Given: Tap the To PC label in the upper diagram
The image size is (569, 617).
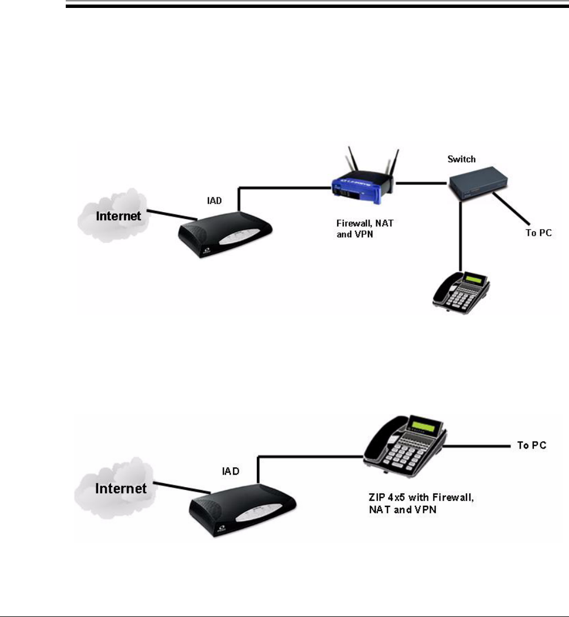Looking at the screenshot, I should pos(538,233).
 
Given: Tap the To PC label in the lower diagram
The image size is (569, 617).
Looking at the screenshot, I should pos(532,445).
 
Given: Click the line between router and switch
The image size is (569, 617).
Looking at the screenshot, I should pos(422,183).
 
